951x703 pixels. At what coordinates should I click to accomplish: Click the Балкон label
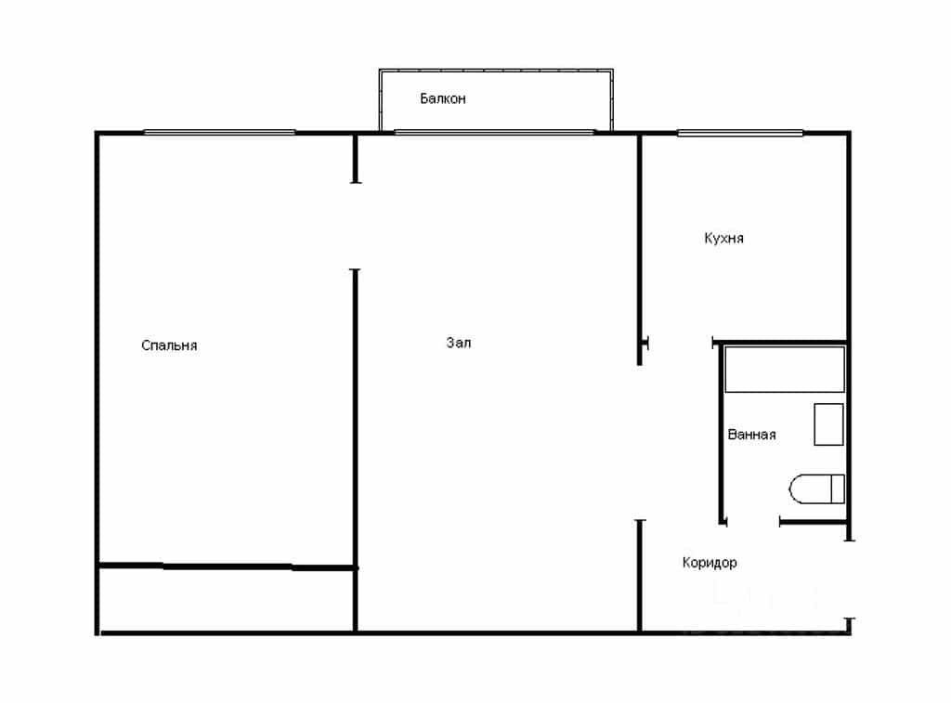pos(443,98)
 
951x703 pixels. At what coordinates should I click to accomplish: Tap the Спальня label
pos(169,345)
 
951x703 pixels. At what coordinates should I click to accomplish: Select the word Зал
pos(459,343)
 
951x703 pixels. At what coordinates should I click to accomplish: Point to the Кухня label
pos(723,238)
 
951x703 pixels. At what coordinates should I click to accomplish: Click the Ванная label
pos(751,435)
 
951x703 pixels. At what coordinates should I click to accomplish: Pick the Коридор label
pos(709,562)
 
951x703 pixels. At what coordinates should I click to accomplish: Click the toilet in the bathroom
pos(816,488)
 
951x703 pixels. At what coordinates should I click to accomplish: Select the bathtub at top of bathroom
pos(785,369)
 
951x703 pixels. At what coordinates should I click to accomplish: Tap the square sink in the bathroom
pos(828,424)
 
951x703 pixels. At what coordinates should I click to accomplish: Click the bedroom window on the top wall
pos(219,132)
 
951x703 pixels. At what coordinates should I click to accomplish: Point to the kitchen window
pos(740,132)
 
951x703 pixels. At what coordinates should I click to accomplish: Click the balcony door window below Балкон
pos(494,132)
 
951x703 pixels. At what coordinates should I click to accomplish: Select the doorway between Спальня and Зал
pos(356,226)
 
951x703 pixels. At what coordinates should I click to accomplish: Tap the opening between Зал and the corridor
pos(640,443)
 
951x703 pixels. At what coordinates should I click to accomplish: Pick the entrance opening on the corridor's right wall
pos(849,579)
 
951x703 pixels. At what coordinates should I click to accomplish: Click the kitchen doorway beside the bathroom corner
pos(681,343)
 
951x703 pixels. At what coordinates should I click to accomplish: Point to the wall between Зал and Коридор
pos(639,576)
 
